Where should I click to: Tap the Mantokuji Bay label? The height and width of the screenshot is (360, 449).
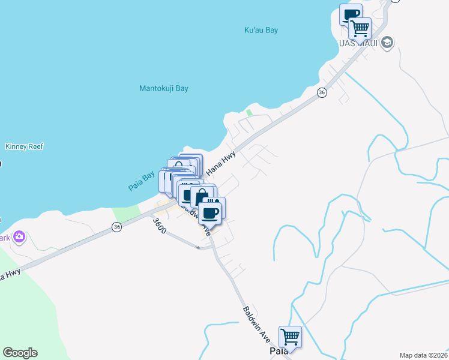164,88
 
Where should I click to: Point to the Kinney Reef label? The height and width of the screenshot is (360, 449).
24,146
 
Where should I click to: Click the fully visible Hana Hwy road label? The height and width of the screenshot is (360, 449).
221,163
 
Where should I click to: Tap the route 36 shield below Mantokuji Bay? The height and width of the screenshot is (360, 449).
322,92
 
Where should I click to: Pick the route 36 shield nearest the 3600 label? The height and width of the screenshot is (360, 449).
116,226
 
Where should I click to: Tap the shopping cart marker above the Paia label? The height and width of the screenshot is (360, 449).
290,336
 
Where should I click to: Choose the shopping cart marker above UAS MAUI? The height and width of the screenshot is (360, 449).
360,28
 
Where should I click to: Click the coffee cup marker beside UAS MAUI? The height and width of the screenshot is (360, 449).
350,14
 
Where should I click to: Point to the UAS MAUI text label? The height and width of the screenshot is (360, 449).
357,43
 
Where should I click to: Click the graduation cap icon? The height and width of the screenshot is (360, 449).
387,42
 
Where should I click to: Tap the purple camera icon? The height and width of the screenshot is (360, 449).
19,237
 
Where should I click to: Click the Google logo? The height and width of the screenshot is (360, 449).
20,353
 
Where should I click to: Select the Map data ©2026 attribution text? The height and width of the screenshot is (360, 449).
424,355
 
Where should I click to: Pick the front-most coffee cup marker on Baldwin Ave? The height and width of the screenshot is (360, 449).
209,212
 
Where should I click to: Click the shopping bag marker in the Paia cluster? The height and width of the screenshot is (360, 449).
202,196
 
